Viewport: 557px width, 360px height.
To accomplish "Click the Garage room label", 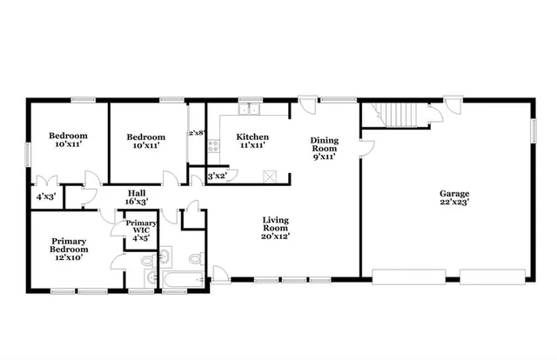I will (453, 193).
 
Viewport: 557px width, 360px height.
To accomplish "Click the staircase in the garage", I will (397, 114).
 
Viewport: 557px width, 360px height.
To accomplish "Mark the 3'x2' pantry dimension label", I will (217, 177).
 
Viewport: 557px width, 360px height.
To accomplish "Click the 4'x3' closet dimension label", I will (44, 197).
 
